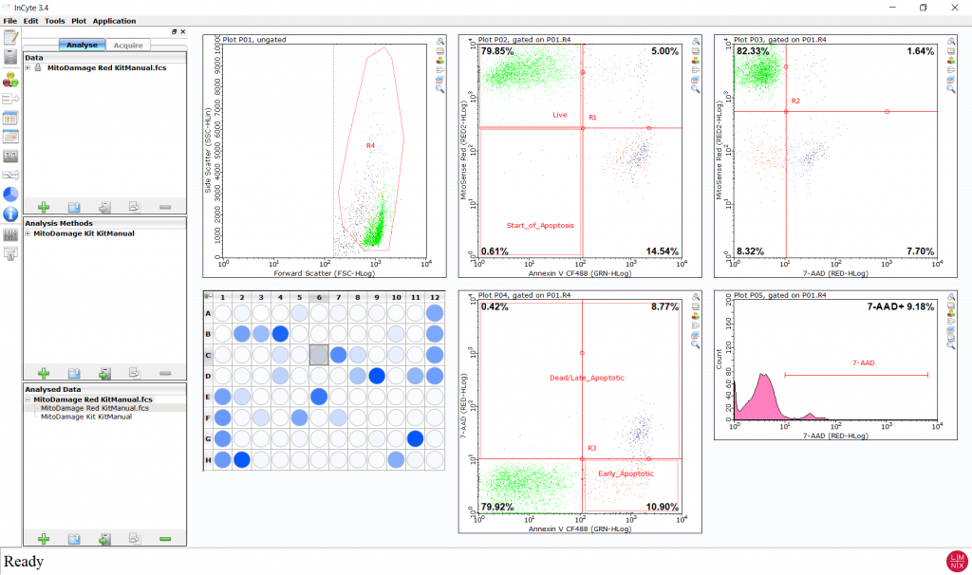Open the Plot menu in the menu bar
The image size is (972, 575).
click(78, 20)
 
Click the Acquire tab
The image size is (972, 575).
click(128, 45)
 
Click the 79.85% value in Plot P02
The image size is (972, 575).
click(498, 51)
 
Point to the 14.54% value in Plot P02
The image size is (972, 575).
click(662, 250)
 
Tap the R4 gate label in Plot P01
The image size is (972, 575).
click(371, 145)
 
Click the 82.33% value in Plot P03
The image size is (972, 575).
click(754, 51)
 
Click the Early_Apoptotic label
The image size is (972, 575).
click(622, 473)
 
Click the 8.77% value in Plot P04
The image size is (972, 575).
click(663, 307)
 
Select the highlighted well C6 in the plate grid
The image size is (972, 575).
click(319, 354)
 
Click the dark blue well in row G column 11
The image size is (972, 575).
click(414, 438)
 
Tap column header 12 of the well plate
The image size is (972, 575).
click(435, 298)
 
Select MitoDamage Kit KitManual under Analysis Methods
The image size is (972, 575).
click(84, 232)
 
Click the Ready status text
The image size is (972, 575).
click(24, 561)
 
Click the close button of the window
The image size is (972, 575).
click(953, 8)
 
